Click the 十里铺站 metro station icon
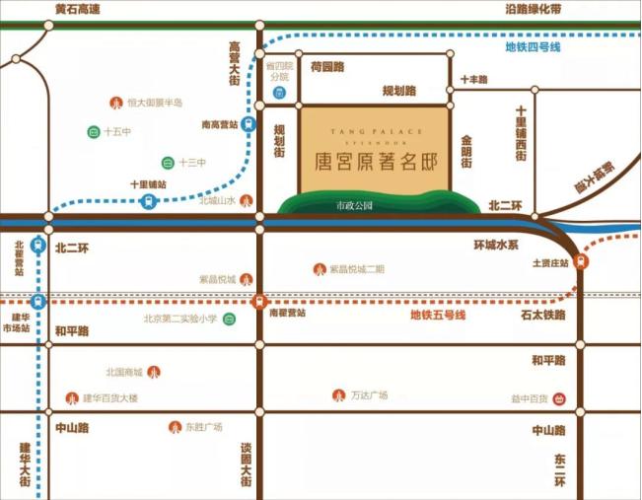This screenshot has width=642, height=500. [148, 201]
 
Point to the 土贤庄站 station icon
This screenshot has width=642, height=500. [581, 262]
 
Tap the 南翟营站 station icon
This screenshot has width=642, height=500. [259, 301]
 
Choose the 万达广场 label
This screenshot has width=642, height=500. [369, 395]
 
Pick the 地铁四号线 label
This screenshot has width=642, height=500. [533, 46]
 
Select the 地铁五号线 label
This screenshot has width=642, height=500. [438, 316]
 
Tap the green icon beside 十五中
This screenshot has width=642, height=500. [93, 131]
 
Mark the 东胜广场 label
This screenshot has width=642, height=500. [203, 427]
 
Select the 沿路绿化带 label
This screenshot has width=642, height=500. [533, 10]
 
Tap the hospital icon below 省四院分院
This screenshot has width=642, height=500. [279, 94]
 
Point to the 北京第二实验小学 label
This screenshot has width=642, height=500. [179, 319]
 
